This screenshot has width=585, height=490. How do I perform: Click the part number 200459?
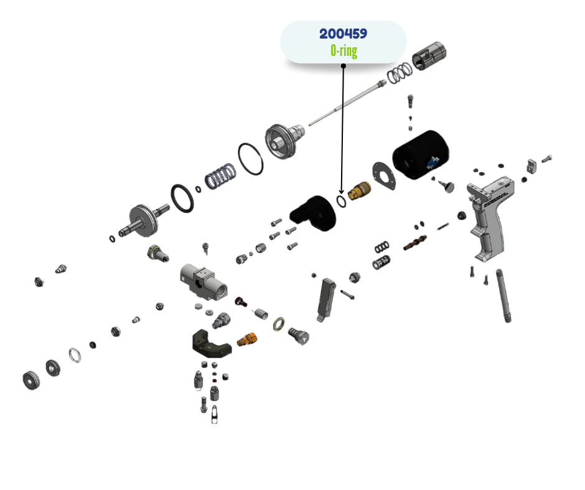(343, 34)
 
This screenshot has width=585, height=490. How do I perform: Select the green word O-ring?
(344, 50)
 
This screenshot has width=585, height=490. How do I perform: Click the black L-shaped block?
(314, 213)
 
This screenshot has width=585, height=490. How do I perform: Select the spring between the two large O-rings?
(220, 175)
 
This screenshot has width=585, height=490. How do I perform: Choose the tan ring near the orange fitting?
(279, 323)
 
